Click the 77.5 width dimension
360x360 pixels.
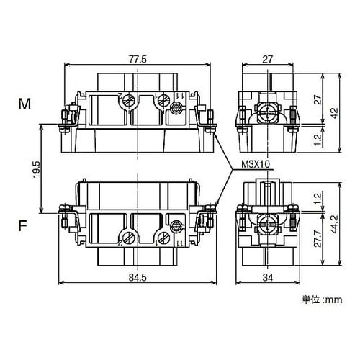[138, 59]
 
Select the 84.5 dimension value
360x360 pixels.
[138, 278]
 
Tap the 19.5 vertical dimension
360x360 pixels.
[37, 169]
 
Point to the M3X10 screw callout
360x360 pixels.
[256, 164]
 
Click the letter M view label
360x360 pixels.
[24, 104]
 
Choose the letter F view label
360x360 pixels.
[23, 226]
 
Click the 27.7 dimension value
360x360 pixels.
[318, 239]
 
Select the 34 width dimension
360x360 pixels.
[268, 278]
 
